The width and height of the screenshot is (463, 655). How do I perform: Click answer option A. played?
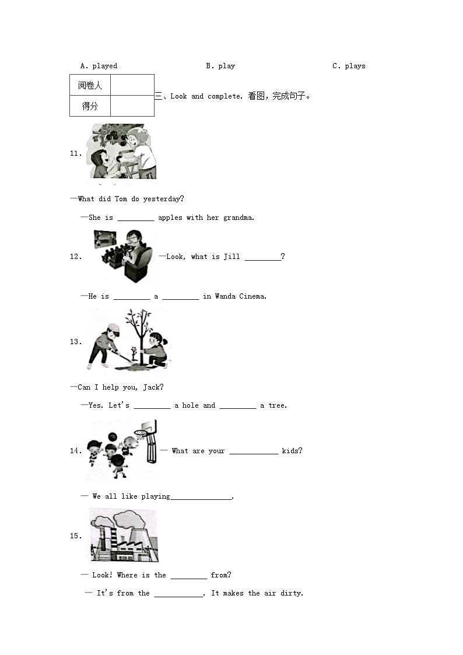point(99,66)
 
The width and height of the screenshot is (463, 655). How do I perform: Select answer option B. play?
point(220,66)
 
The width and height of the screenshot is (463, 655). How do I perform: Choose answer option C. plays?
point(349,66)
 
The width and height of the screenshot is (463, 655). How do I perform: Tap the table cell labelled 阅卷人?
point(90,85)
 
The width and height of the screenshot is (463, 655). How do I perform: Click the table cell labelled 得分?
point(90,106)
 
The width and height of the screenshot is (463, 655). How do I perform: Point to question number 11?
point(76,153)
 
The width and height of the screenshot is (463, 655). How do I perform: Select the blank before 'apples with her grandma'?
point(136,220)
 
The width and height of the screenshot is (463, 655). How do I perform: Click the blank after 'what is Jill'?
point(262,260)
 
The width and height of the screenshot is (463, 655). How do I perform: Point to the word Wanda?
point(225,296)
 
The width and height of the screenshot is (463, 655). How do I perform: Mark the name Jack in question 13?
point(151,387)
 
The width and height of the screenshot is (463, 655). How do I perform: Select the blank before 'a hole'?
point(152,408)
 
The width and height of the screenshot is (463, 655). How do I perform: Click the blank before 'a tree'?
point(238,408)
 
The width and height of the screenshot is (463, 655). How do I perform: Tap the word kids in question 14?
point(290,451)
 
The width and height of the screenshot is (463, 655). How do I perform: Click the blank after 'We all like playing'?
point(201,499)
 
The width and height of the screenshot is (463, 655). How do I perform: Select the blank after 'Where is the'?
point(189,578)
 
